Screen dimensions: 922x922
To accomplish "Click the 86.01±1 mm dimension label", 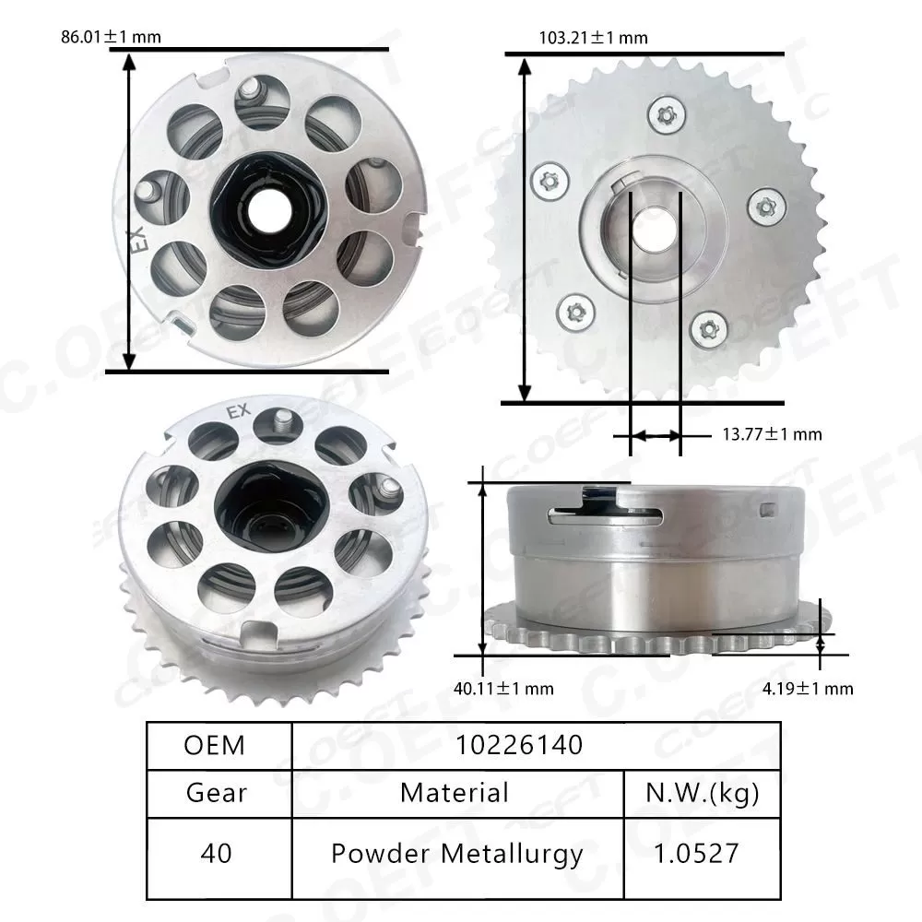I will (x=110, y=38).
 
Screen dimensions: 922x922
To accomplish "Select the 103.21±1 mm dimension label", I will (x=593, y=38).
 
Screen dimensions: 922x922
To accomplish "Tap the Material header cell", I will (x=455, y=792).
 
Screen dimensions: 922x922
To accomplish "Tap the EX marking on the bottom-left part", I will (x=238, y=412).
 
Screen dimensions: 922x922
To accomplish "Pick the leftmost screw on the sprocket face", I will (x=550, y=181).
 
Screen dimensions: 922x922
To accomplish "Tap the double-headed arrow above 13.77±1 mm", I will (x=656, y=434).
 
